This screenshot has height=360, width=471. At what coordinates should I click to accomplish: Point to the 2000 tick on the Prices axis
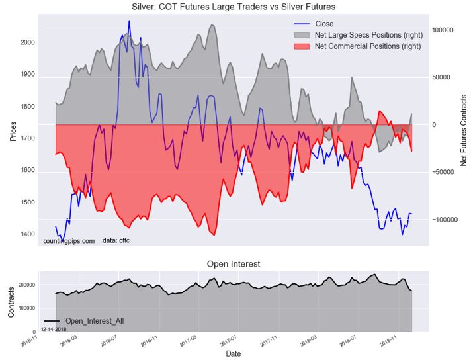coord(27,42)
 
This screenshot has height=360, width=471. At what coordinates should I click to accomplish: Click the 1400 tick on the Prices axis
coord(27,234)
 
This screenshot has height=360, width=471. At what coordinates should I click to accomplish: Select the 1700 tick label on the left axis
coord(27,138)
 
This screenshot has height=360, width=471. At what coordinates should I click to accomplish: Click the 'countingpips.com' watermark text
coord(69,241)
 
